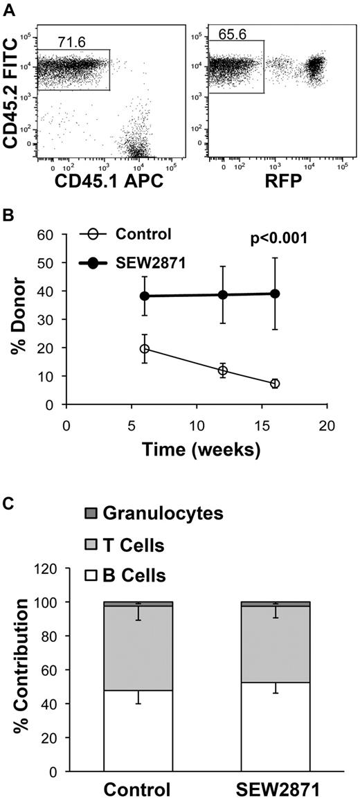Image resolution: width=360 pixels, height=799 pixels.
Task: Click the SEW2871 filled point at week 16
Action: pos(275,294)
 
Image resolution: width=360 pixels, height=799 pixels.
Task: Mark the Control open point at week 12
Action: pos(223,370)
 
